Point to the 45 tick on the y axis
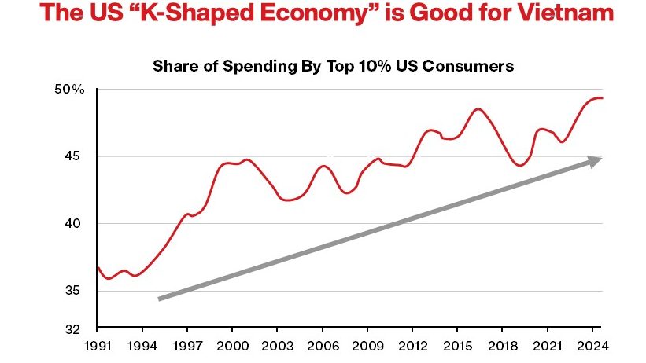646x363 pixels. [75, 156]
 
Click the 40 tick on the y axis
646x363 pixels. [75, 224]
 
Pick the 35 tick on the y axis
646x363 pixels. [75, 291]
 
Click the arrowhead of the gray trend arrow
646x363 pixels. [596, 160]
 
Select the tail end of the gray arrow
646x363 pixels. [160, 299]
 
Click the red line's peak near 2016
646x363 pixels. [478, 109]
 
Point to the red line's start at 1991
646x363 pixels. [98, 268]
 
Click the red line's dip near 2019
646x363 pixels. [520, 165]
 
